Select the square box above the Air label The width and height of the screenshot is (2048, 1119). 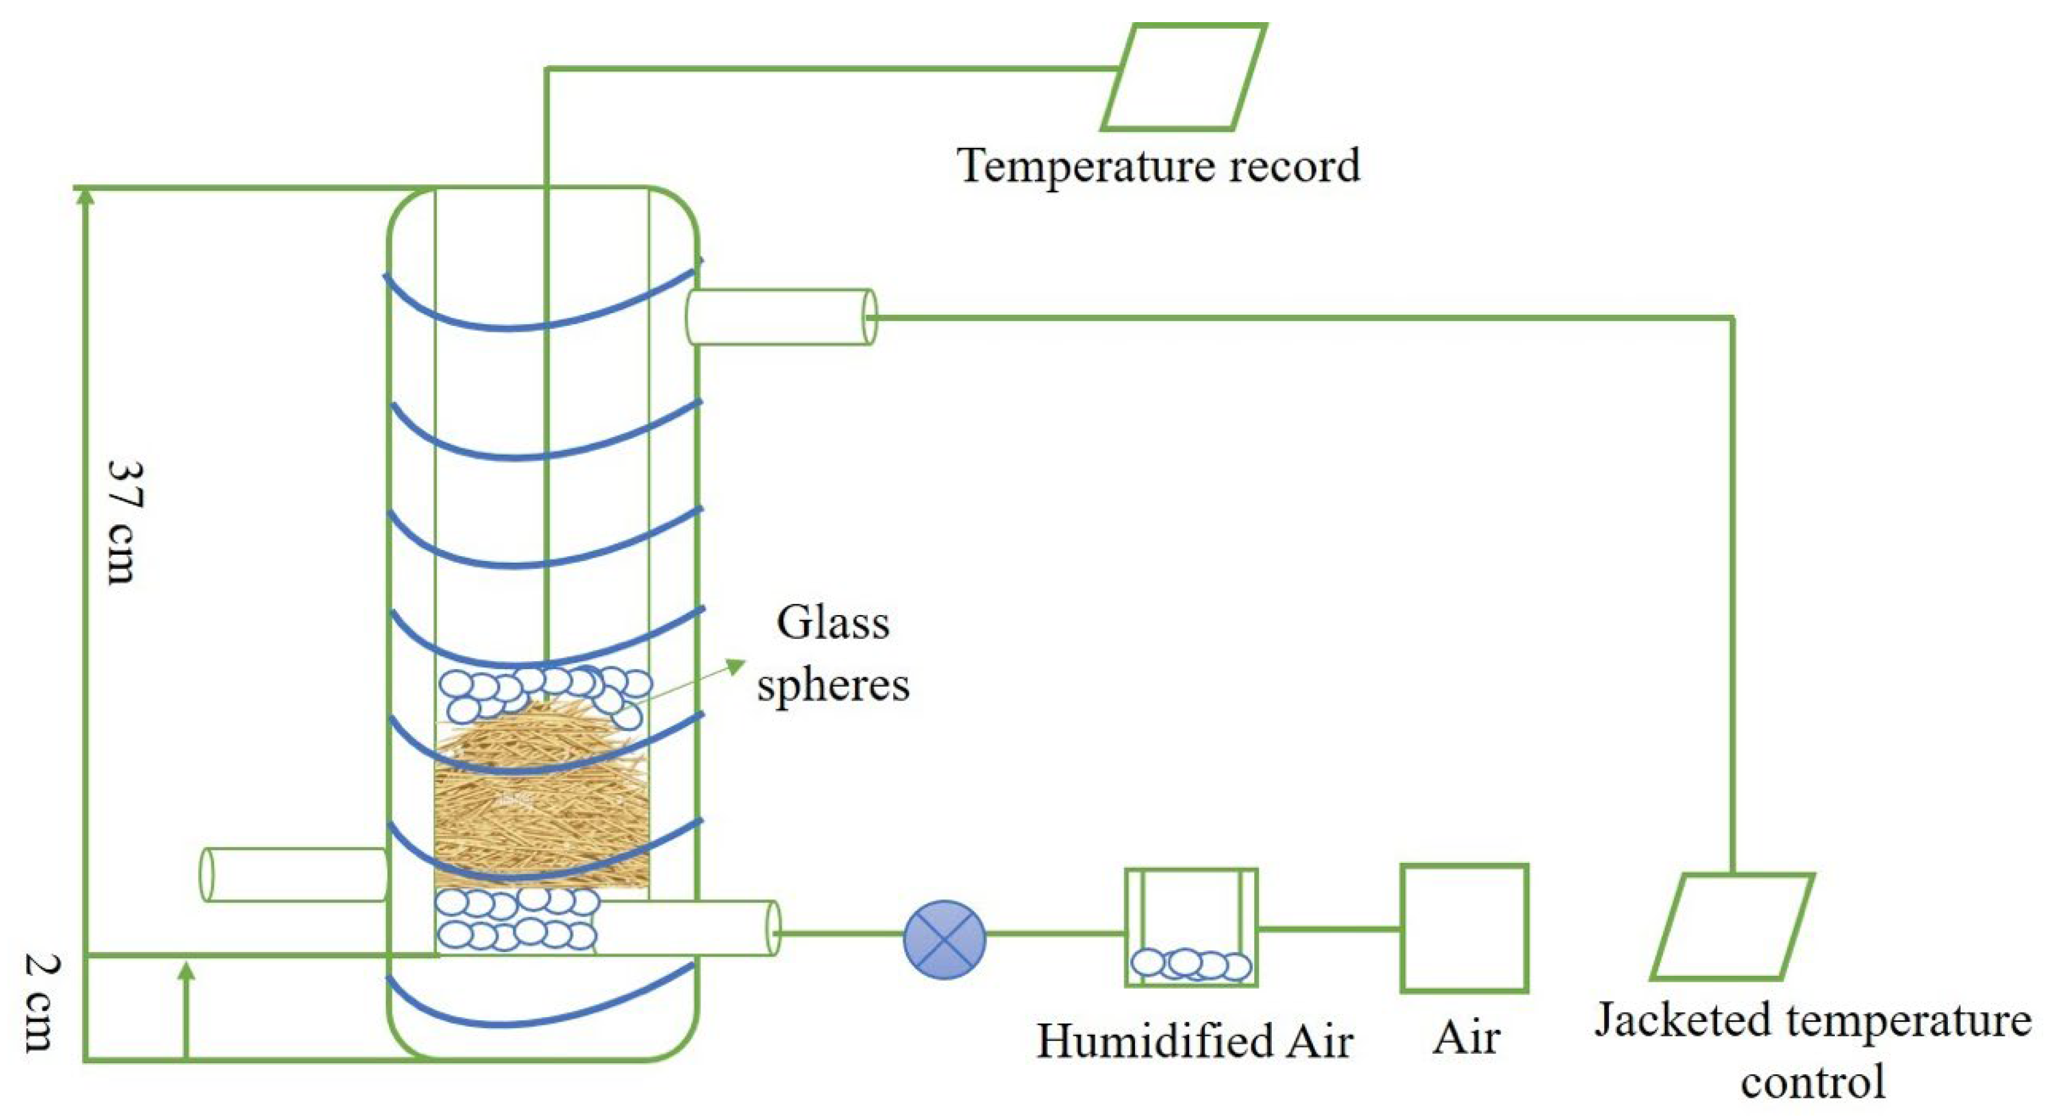click(1464, 928)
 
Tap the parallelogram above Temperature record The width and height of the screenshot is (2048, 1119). click(1183, 77)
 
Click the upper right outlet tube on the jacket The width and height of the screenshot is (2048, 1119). click(781, 317)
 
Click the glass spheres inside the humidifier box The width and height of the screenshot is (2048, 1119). click(1190, 964)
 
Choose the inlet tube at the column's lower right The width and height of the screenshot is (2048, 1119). click(687, 928)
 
